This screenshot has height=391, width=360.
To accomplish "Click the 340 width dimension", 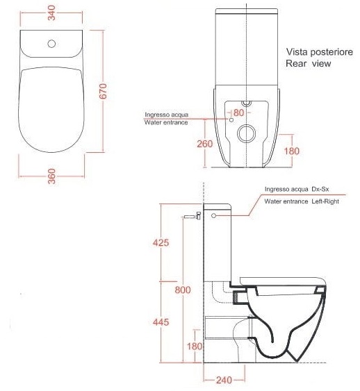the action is pyautogui.click(x=51, y=13).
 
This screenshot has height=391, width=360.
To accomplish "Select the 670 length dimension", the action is pyautogui.click(x=103, y=91).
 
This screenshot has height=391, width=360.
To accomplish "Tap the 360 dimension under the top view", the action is pyautogui.click(x=51, y=176).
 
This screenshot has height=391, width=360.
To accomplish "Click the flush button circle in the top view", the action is pyautogui.click(x=51, y=44).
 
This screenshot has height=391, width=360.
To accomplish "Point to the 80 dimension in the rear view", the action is pyautogui.click(x=238, y=113).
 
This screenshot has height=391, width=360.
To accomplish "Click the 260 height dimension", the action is pyautogui.click(x=205, y=144).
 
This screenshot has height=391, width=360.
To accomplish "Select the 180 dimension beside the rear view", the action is pyautogui.click(x=292, y=151).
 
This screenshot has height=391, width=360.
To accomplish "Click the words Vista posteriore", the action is pyautogui.click(x=320, y=52).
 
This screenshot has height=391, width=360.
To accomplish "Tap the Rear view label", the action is pyautogui.click(x=309, y=63).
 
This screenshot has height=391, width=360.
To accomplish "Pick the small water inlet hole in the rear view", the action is pyautogui.click(x=231, y=120).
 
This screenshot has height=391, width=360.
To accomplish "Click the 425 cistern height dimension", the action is pyautogui.click(x=161, y=242).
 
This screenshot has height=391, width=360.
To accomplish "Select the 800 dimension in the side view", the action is pyautogui.click(x=183, y=290).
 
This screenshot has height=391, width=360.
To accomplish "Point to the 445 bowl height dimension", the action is pyautogui.click(x=161, y=322).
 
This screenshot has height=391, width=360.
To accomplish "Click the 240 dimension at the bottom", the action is pyautogui.click(x=224, y=380).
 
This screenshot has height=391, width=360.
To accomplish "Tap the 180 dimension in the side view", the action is pyautogui.click(x=195, y=346).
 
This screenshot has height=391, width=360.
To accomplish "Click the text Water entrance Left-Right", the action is pyautogui.click(x=302, y=201).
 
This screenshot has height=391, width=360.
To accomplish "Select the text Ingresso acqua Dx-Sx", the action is pyautogui.click(x=297, y=190).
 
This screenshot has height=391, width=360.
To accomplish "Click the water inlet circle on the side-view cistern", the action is pyautogui.click(x=213, y=216).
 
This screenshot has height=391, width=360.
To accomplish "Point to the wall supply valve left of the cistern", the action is pyautogui.click(x=192, y=216).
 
